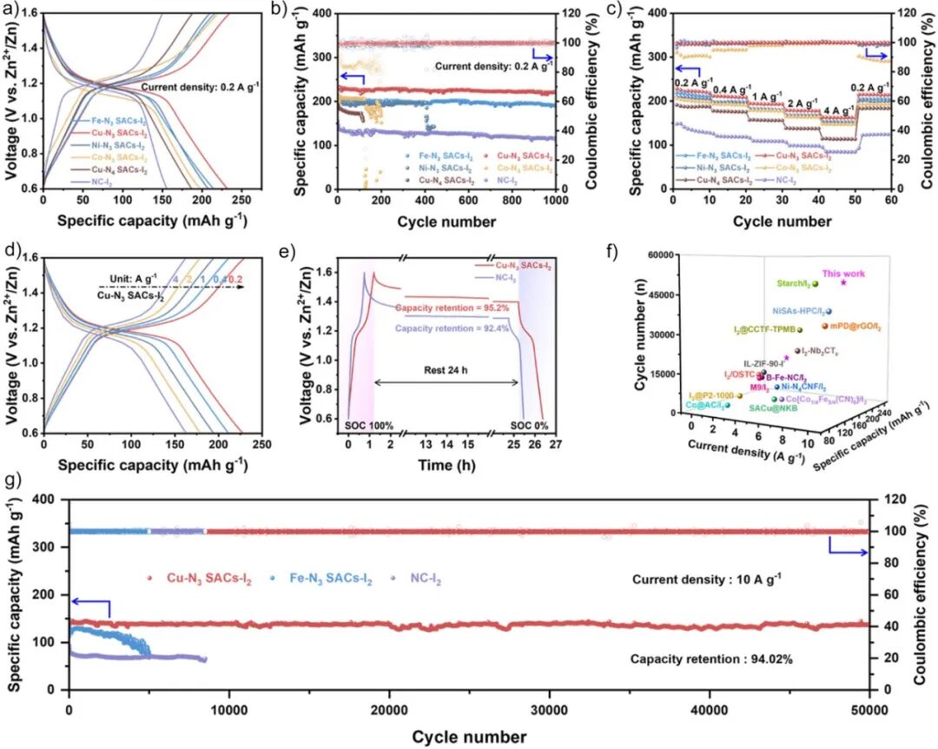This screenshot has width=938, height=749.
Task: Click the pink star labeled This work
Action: (x=843, y=282)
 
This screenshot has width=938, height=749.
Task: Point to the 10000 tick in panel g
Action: (x=229, y=709)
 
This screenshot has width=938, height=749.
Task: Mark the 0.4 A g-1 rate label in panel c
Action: (x=730, y=89)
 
